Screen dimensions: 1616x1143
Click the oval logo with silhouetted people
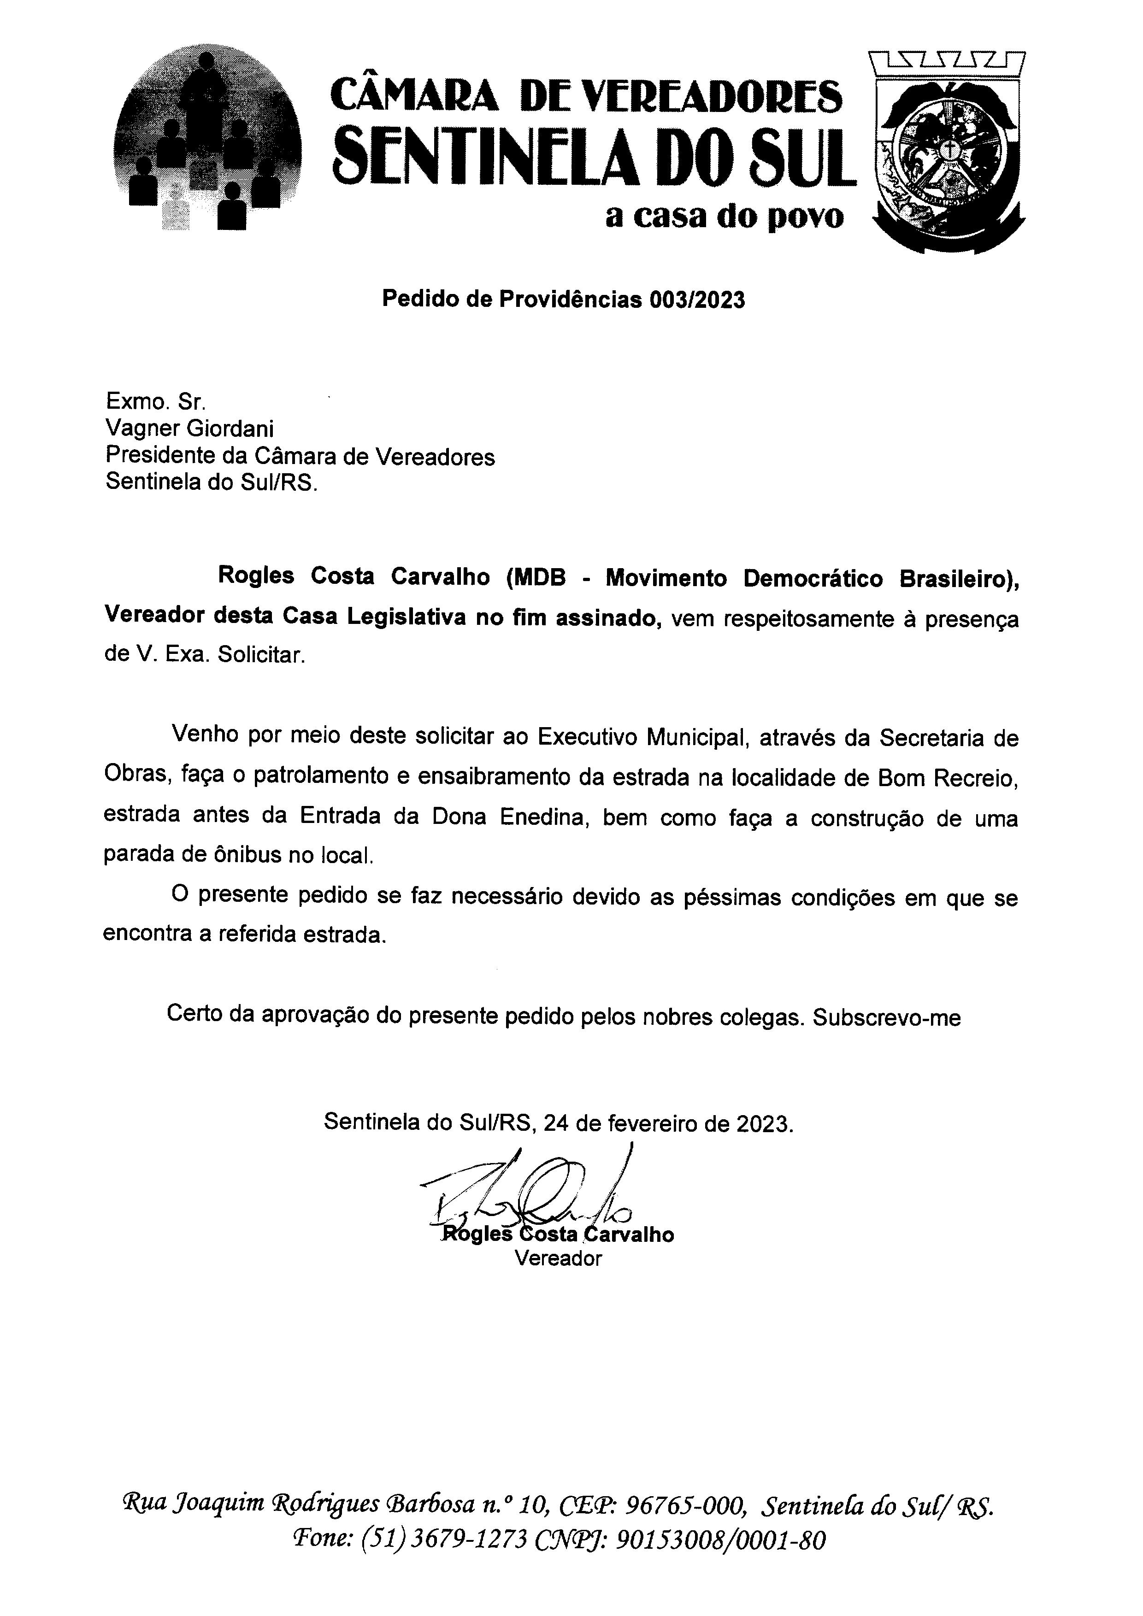pos(207,141)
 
